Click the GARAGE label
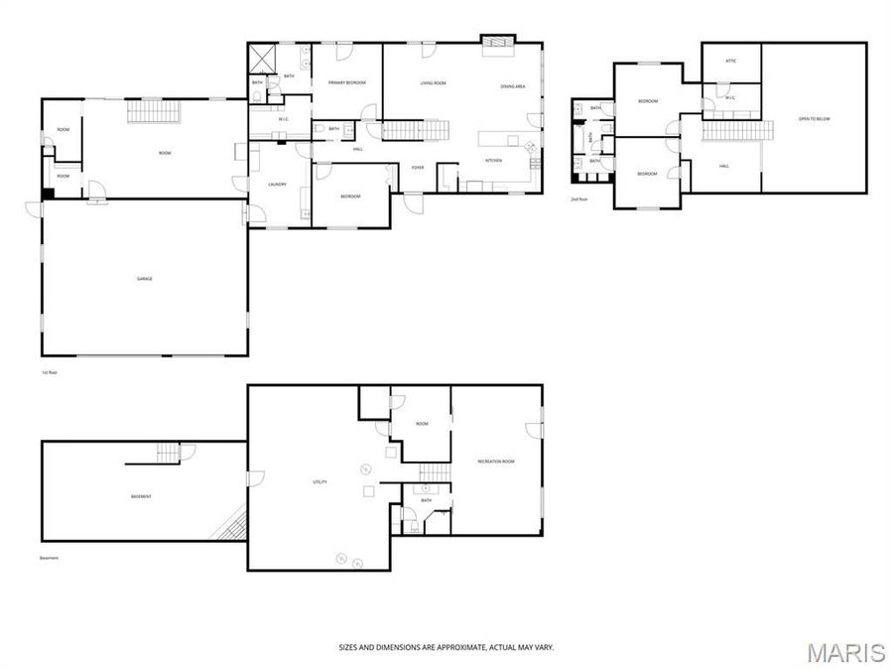[x=145, y=279]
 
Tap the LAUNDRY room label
[x=278, y=185]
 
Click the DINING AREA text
[x=513, y=87]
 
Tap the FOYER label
[x=418, y=167]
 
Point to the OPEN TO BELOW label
[x=814, y=119]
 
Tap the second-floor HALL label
[x=724, y=166]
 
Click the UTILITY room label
[x=320, y=482]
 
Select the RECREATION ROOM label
[x=495, y=462]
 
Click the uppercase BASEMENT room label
[x=141, y=496]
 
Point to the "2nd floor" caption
[x=579, y=199]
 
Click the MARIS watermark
[x=844, y=652]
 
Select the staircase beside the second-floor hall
[x=737, y=130]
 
